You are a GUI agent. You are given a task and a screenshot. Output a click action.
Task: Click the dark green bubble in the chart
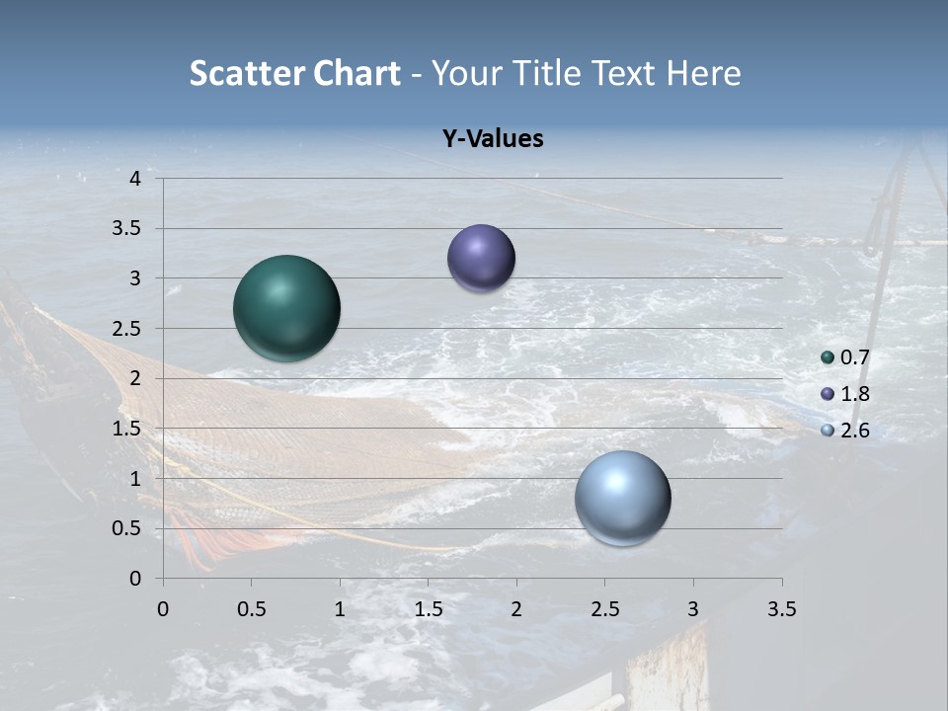286,308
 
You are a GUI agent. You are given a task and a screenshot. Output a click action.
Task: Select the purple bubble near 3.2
481,259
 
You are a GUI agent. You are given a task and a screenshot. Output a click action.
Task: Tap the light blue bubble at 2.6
622,498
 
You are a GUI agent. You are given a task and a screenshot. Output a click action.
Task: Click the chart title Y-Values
492,139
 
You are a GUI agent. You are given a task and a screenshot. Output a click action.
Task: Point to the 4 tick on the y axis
135,179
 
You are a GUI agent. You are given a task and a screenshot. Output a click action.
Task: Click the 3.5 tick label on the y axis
128,229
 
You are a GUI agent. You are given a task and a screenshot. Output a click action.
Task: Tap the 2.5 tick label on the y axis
128,329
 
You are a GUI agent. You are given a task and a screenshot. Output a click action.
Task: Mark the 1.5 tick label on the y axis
128,429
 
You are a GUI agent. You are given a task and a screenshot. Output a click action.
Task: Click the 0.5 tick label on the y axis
128,528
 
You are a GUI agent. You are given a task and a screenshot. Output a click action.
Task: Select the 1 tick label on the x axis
340,609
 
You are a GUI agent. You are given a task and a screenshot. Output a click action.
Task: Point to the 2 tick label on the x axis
516,609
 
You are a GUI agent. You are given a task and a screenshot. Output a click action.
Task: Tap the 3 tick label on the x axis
693,609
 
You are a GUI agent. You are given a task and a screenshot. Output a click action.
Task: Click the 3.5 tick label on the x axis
781,609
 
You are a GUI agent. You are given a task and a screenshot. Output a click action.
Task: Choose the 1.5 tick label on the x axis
428,609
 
